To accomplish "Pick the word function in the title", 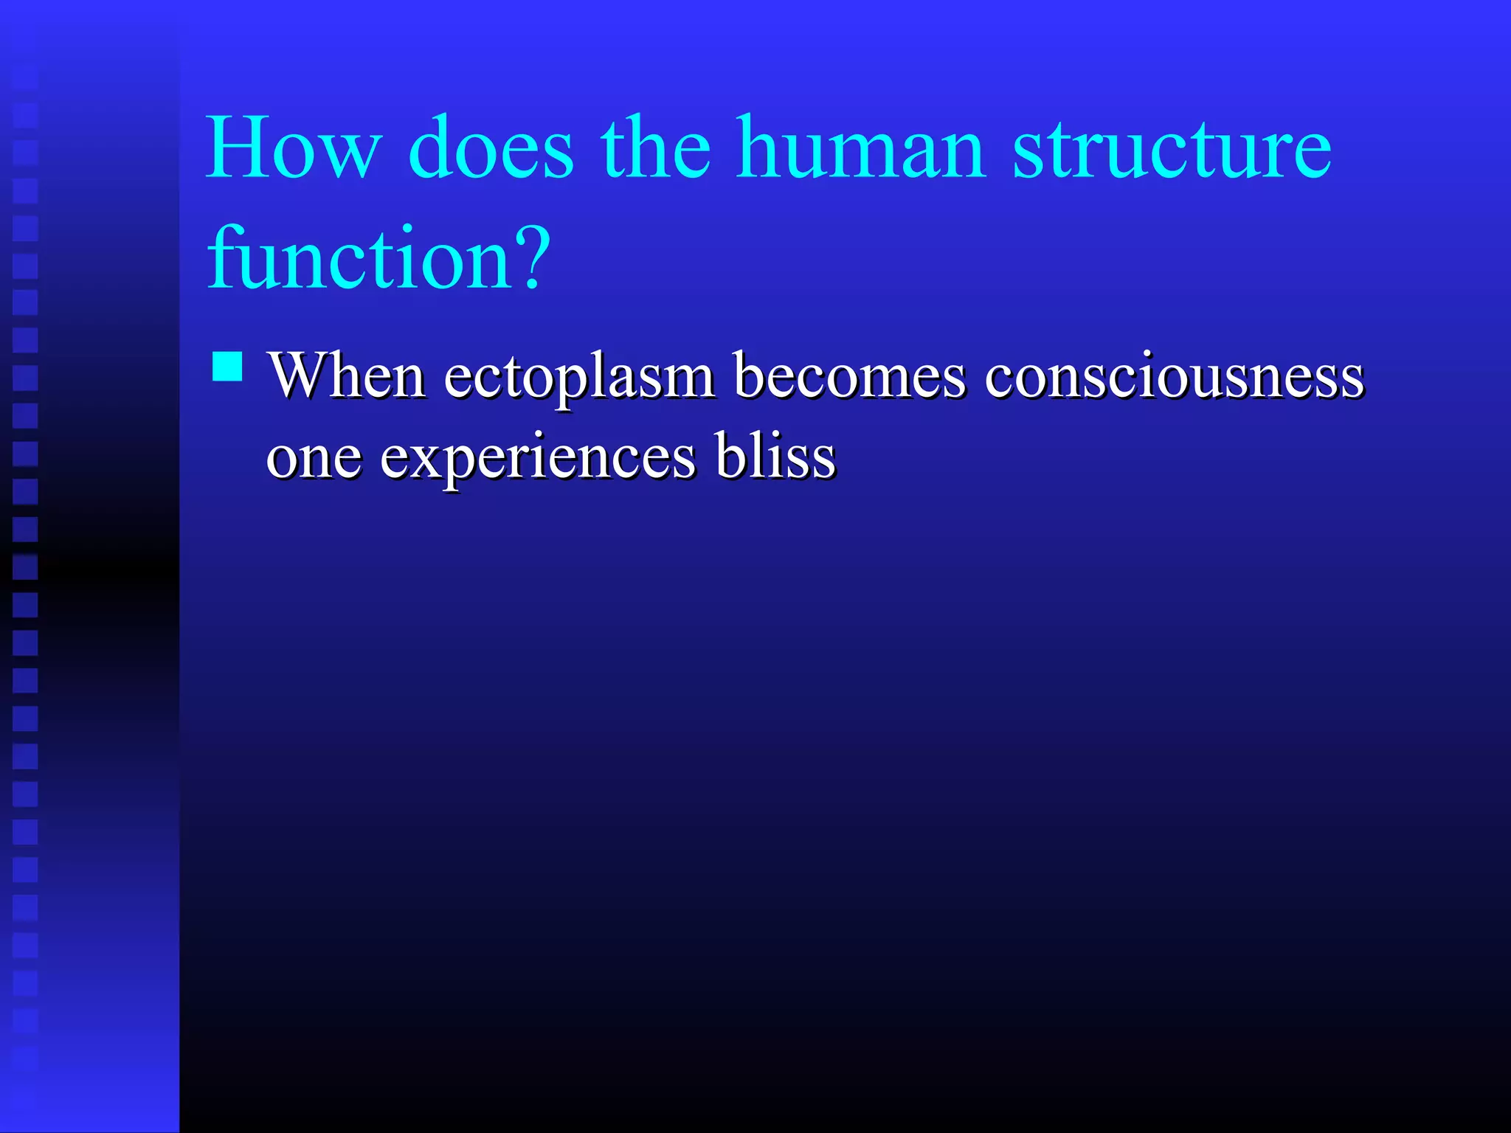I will (x=360, y=258).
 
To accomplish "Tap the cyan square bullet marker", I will (x=227, y=366).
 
